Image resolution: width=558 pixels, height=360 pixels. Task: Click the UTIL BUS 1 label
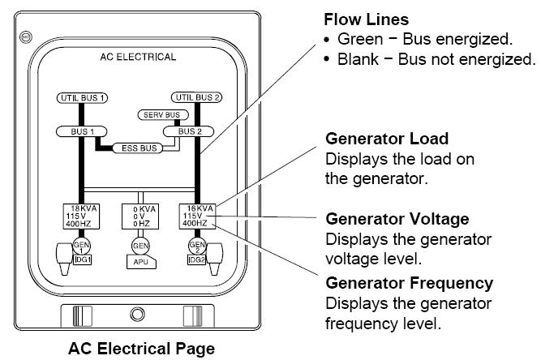click(83, 98)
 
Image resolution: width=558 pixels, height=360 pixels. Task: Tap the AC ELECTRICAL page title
click(138, 58)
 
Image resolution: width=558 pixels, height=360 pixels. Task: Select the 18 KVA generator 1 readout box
click(80, 215)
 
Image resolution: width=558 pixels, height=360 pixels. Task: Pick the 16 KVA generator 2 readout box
click(197, 215)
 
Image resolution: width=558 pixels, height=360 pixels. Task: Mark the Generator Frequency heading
click(409, 283)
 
